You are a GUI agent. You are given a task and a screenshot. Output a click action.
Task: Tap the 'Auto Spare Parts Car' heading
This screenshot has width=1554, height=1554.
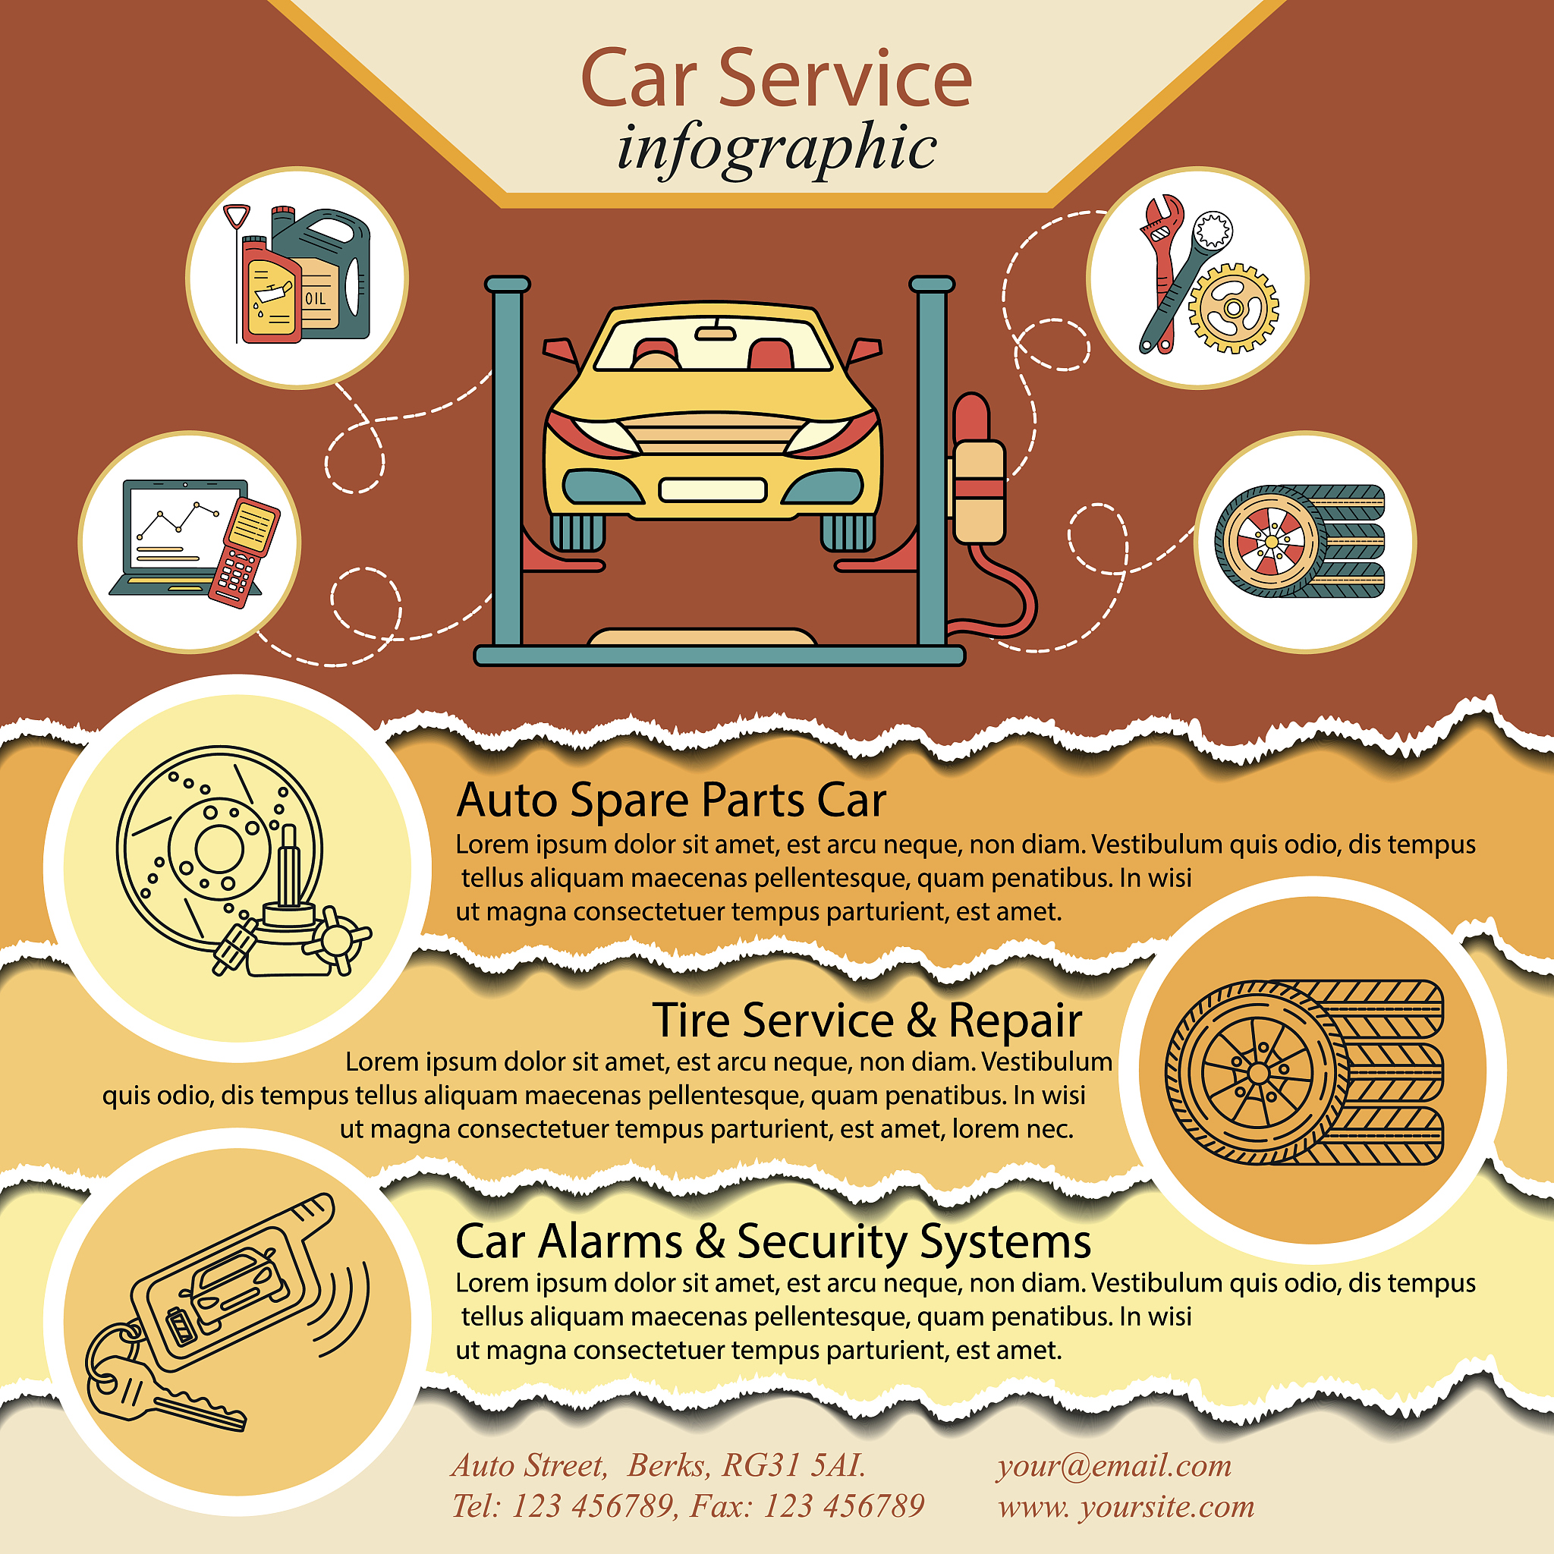[x=671, y=801]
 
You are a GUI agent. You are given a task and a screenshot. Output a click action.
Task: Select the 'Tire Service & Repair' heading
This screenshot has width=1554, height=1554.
[x=867, y=1020]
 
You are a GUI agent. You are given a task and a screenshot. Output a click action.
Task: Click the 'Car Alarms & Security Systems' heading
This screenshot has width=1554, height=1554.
[x=773, y=1241]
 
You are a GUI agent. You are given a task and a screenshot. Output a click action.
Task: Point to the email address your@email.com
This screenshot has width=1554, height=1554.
[x=1114, y=1465]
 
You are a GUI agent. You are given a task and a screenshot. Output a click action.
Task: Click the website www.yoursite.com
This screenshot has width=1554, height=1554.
[x=1126, y=1505]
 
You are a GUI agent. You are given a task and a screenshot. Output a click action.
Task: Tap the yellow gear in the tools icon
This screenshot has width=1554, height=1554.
[x=1233, y=308]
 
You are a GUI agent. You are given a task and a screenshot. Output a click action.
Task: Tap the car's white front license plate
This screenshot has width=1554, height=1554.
[x=712, y=490]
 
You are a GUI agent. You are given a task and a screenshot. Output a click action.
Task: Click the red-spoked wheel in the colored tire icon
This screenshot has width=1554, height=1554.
[x=1271, y=541]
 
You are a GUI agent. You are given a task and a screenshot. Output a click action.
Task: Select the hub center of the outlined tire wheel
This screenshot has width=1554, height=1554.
[x=1258, y=1074]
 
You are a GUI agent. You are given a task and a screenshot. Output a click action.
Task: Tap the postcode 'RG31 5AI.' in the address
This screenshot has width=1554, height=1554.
[x=793, y=1465]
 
